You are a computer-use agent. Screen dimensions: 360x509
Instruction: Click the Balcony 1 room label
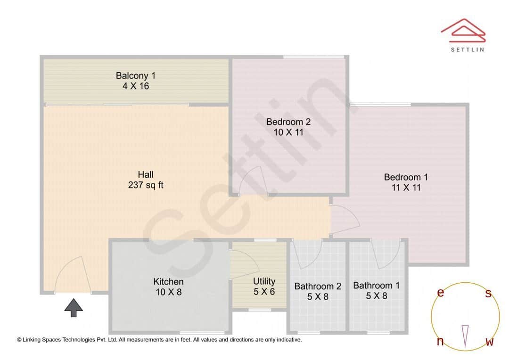coord(136,81)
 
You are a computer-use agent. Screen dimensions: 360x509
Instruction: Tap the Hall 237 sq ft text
coord(146,180)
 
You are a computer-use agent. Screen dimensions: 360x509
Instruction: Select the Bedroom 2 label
coord(288,127)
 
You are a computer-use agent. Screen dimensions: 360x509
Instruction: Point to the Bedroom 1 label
coord(406,182)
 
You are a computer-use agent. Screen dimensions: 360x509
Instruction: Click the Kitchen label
coord(168,287)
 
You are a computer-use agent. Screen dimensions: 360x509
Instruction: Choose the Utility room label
coord(264,286)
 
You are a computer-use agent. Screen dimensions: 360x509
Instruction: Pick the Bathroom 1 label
coord(376,290)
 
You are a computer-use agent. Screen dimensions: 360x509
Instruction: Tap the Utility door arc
coord(243,264)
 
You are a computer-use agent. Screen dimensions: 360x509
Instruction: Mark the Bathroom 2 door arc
coord(307,254)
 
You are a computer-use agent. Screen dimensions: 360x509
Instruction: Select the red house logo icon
coord(463,29)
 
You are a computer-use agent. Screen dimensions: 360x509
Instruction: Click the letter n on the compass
coord(440,342)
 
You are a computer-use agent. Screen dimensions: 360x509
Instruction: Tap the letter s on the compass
coord(488,294)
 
